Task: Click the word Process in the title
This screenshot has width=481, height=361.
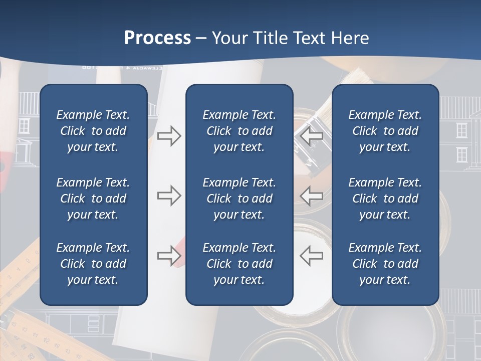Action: tap(157, 38)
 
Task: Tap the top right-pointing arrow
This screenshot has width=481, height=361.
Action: tap(169, 135)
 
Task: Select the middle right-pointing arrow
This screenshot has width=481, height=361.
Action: tap(169, 196)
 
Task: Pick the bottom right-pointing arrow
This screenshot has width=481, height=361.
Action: tap(169, 256)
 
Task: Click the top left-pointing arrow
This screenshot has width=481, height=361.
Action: tap(312, 135)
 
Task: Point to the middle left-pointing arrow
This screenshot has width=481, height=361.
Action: tap(312, 196)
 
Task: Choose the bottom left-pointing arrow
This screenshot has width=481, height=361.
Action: tap(312, 256)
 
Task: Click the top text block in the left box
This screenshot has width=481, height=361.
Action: tap(93, 131)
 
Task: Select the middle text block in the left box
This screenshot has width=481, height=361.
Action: tap(93, 199)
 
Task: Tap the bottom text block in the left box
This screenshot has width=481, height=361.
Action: tap(93, 264)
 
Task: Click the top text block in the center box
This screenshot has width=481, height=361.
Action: tap(239, 131)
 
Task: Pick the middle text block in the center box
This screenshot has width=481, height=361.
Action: tap(239, 199)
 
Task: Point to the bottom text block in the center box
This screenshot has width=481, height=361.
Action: tap(239, 264)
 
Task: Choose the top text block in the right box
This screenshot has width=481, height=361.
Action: tap(385, 131)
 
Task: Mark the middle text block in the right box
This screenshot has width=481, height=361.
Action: tap(385, 199)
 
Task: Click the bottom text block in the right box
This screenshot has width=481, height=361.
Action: tap(385, 264)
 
